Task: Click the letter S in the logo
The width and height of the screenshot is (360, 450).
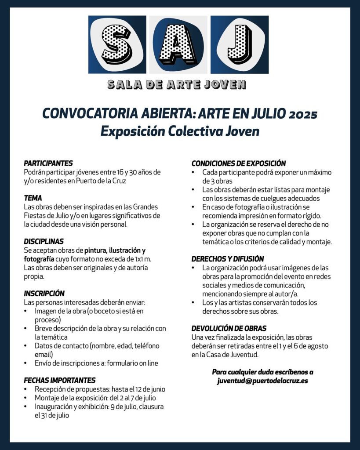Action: pos(117,44)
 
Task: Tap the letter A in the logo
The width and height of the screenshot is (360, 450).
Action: pos(178,44)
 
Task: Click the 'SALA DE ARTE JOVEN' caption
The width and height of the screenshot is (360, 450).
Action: pos(177,85)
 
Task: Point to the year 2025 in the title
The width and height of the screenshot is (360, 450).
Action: pos(303,114)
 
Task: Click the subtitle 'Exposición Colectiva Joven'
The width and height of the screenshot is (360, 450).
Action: pos(180,131)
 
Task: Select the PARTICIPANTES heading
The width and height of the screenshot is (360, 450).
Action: pos(48,163)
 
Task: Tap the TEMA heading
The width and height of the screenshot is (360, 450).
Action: pos(33,198)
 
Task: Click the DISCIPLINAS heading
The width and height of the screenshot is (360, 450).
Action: pos(44,241)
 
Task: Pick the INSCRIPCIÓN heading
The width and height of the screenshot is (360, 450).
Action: pos(44,294)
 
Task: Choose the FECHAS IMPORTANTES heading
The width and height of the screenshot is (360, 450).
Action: pos(59,381)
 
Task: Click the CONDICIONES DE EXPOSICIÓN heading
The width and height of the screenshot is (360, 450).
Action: pos(239,163)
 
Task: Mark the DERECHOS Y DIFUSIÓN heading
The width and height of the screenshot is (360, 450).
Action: pos(228,259)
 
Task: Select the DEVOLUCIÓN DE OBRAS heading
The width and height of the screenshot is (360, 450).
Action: pos(229,328)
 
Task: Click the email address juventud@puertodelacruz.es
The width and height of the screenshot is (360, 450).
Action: pos(262,381)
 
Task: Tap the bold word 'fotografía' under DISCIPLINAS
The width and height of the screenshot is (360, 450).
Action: pos(40,259)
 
